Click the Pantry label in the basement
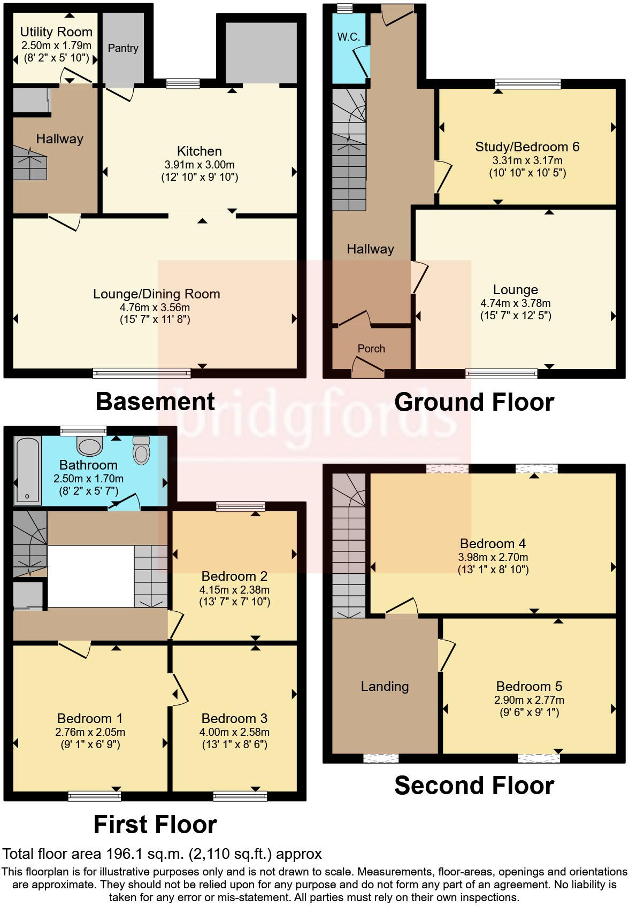[x=123, y=48]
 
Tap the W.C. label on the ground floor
[x=348, y=37]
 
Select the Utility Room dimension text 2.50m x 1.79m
[x=56, y=46]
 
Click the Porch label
[x=371, y=349]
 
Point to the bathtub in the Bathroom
[x=28, y=470]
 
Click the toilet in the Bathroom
[x=141, y=450]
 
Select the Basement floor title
[x=155, y=402]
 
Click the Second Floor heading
[x=474, y=785]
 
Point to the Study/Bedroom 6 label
[x=527, y=147]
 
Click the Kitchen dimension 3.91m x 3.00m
[x=200, y=165]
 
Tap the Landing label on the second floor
[x=385, y=686]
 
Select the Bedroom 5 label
[x=529, y=686]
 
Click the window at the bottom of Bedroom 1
[x=95, y=796]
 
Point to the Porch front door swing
[x=368, y=368]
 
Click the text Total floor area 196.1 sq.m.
[x=162, y=854]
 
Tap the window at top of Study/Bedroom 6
[x=527, y=83]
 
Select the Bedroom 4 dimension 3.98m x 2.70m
[x=493, y=557]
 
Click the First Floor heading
[x=155, y=825]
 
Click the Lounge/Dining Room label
[x=156, y=294]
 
